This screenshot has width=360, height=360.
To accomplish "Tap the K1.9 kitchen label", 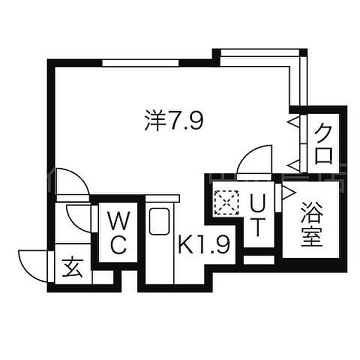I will (203, 246).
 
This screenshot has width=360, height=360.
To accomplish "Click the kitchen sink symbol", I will (159, 222).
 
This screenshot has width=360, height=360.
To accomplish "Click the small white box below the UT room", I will (259, 260).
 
